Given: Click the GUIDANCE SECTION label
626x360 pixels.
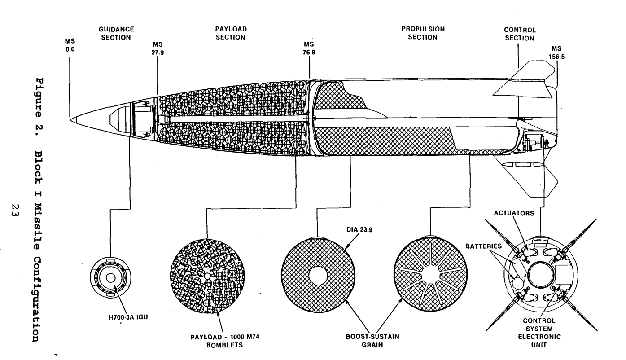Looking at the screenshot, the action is click(x=116, y=33).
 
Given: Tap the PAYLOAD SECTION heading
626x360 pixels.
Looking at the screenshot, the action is click(x=231, y=33).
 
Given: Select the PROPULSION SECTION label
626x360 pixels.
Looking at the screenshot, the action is click(x=423, y=33).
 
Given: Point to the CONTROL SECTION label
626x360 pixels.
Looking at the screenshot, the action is click(x=520, y=34).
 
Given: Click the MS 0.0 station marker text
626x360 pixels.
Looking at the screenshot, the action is click(x=70, y=45).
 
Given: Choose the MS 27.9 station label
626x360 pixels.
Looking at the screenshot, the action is click(x=158, y=48).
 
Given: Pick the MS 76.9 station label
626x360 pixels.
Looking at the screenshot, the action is click(x=309, y=48).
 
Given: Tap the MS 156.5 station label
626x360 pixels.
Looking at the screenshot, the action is click(x=556, y=53).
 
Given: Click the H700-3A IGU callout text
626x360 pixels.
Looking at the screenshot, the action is click(x=128, y=317).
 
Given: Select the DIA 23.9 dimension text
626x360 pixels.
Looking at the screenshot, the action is click(x=359, y=230).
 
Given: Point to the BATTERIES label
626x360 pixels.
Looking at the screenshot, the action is click(x=483, y=246).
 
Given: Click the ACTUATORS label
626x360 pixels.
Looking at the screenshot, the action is click(x=514, y=213).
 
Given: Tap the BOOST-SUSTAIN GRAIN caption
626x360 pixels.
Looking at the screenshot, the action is click(x=372, y=340).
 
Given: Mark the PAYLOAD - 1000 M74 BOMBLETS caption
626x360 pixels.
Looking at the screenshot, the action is click(x=225, y=341).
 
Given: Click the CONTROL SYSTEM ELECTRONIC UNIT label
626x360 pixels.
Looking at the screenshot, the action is click(x=539, y=333).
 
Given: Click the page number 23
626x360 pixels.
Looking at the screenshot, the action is click(x=15, y=211).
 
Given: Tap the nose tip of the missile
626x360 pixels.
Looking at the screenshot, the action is click(x=70, y=120).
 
